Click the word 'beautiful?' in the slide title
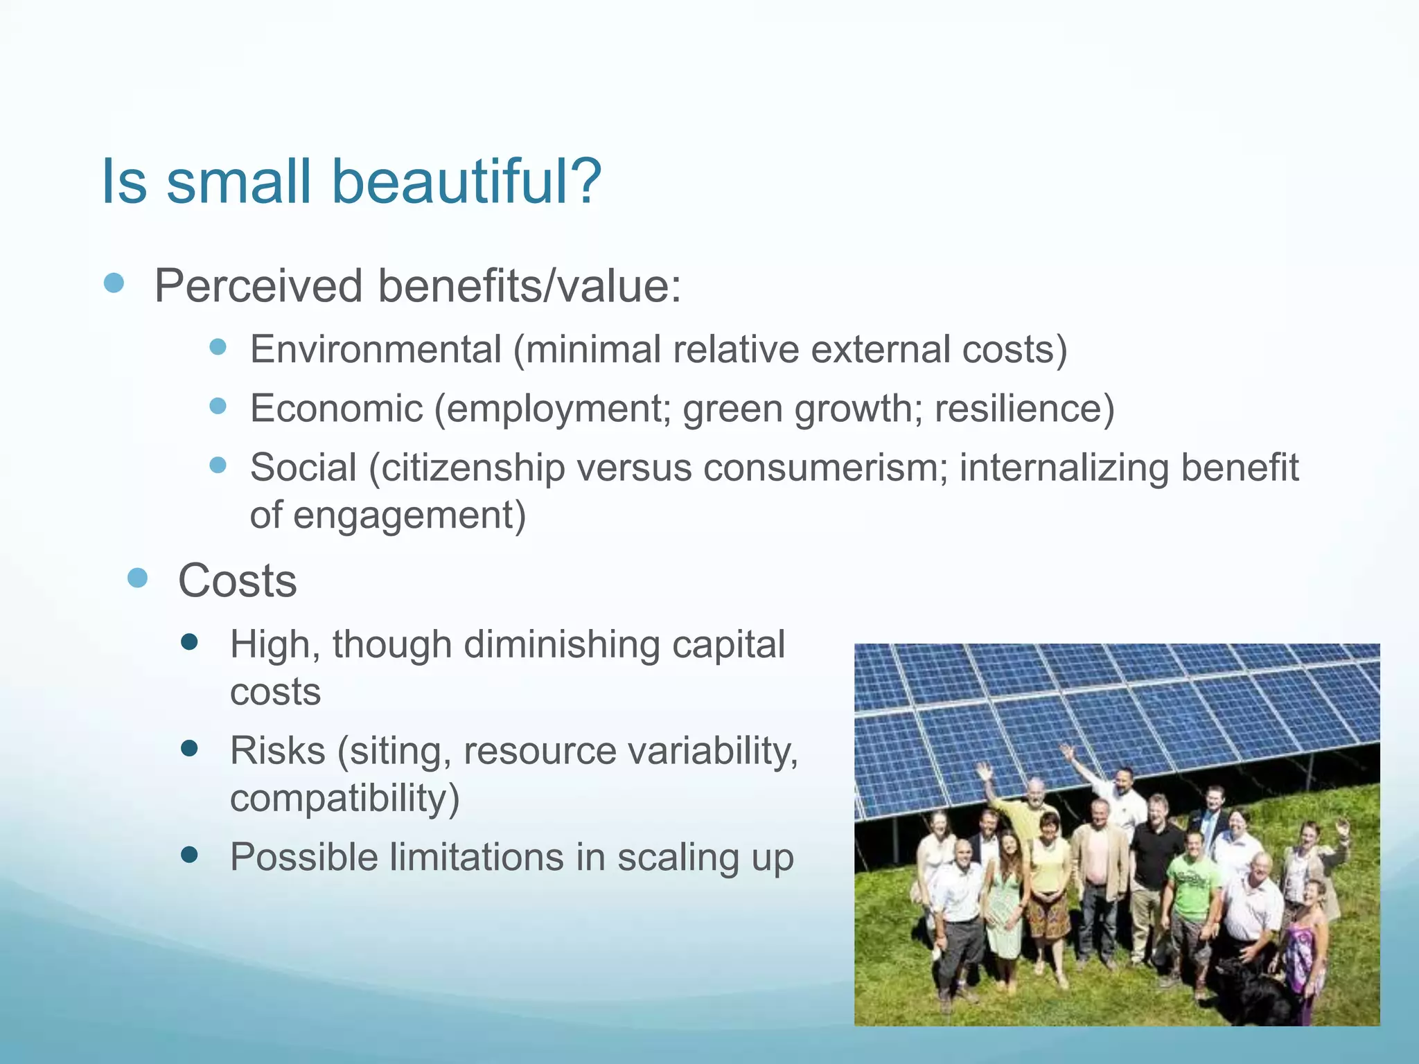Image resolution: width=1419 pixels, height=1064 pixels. click(466, 181)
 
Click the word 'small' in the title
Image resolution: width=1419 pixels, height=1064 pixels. click(238, 181)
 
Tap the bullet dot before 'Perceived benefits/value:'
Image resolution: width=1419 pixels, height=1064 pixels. click(114, 283)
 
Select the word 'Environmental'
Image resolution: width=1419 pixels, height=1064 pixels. click(376, 349)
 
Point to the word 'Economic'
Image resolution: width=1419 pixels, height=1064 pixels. click(336, 408)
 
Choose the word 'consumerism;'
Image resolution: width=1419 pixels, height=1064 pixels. click(825, 468)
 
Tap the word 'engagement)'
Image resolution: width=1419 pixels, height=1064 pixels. click(409, 515)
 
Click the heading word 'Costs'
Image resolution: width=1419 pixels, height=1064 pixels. click(237, 580)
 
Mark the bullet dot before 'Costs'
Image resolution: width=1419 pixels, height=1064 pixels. click(138, 578)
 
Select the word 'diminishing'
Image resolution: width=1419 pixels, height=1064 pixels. click(561, 645)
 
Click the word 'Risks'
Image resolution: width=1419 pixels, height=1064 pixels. click(277, 751)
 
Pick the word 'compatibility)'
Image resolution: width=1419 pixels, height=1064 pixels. click(344, 798)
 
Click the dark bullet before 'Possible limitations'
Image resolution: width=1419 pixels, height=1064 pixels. click(188, 855)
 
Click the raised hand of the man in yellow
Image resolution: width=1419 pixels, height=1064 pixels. click(983, 770)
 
